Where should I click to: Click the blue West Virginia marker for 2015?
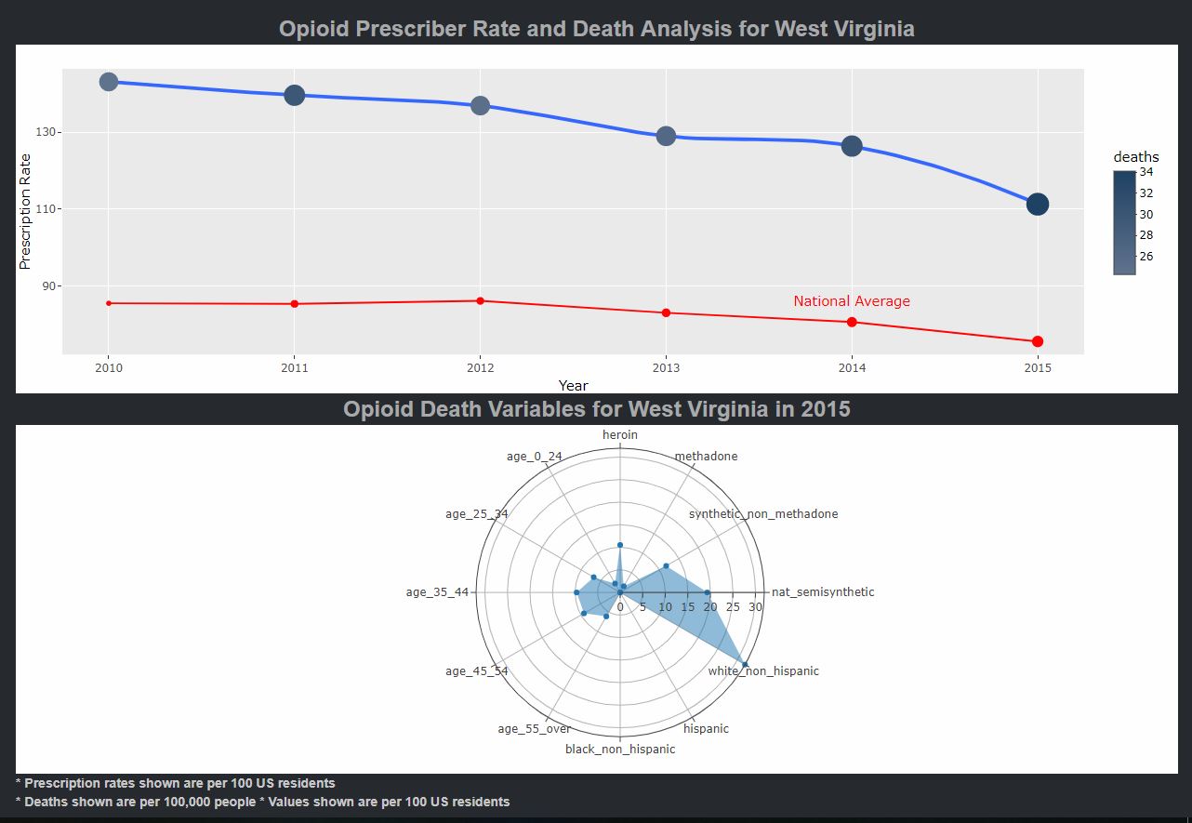1038,205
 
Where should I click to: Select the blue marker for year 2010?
109,82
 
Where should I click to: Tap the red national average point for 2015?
1038,341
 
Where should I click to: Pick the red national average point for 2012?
480,300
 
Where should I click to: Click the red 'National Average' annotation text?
851,301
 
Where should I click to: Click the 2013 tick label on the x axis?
666,368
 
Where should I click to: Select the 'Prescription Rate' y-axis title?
26,211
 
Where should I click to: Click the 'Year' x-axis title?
573,385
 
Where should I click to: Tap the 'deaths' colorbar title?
1135,157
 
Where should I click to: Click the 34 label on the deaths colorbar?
1146,172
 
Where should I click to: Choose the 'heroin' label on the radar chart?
620,434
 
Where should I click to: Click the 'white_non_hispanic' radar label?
763,670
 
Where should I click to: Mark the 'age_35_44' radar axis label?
437,592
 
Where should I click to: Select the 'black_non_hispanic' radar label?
620,749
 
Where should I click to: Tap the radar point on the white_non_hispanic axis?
746,664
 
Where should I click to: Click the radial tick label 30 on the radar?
755,607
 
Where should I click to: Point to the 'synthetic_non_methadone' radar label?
762,514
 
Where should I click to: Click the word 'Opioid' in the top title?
314,29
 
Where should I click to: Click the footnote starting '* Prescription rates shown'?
176,783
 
